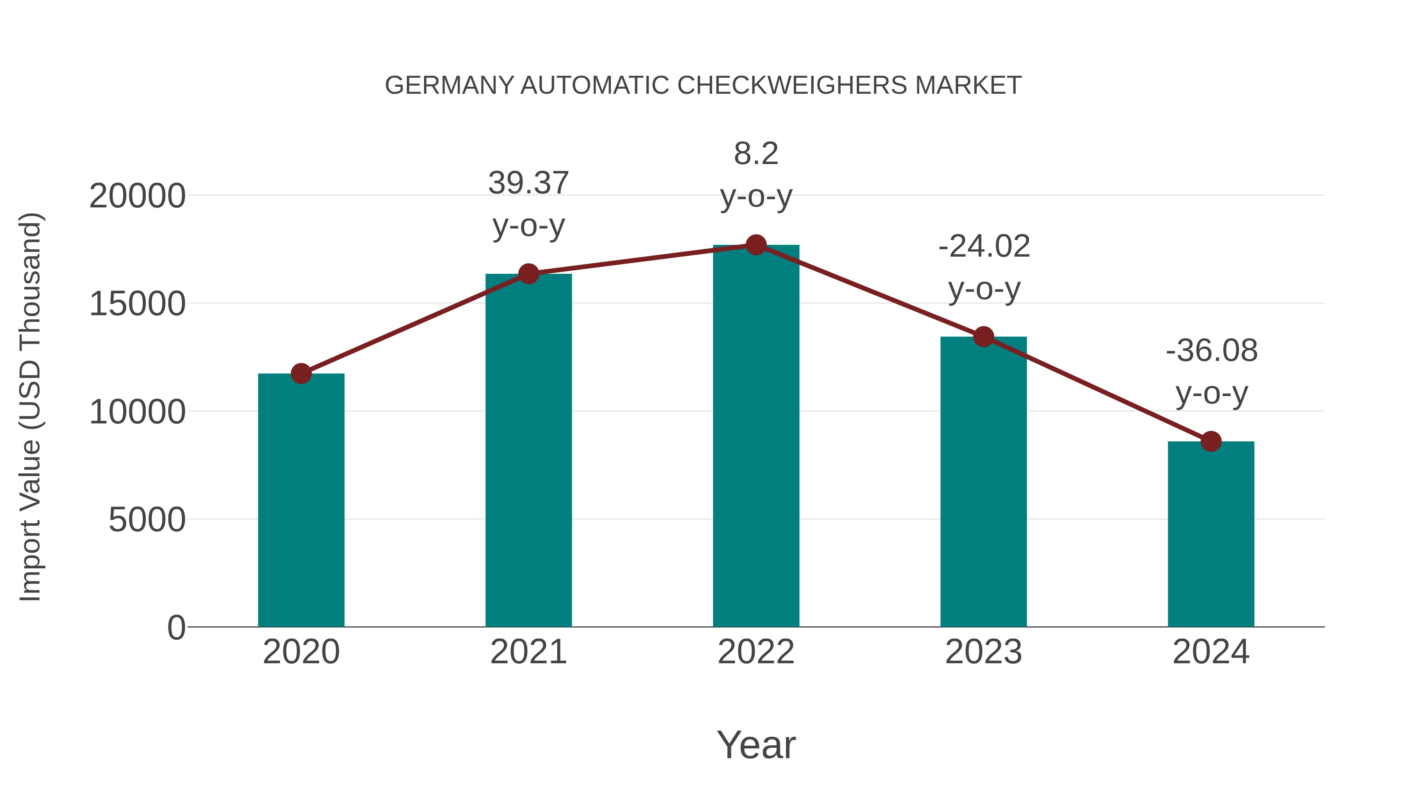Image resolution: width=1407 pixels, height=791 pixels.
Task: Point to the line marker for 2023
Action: pos(984,337)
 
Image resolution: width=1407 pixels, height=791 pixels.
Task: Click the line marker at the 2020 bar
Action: pos(301,374)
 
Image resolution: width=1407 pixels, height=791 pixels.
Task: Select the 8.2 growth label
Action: pos(756,154)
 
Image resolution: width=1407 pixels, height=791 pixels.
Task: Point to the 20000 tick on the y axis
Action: pos(137,196)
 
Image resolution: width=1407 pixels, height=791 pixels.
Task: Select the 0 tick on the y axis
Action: pos(176,627)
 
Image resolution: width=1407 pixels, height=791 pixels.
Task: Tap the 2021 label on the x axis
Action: pos(529,652)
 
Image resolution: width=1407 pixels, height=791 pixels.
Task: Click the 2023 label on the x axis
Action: pos(984,652)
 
